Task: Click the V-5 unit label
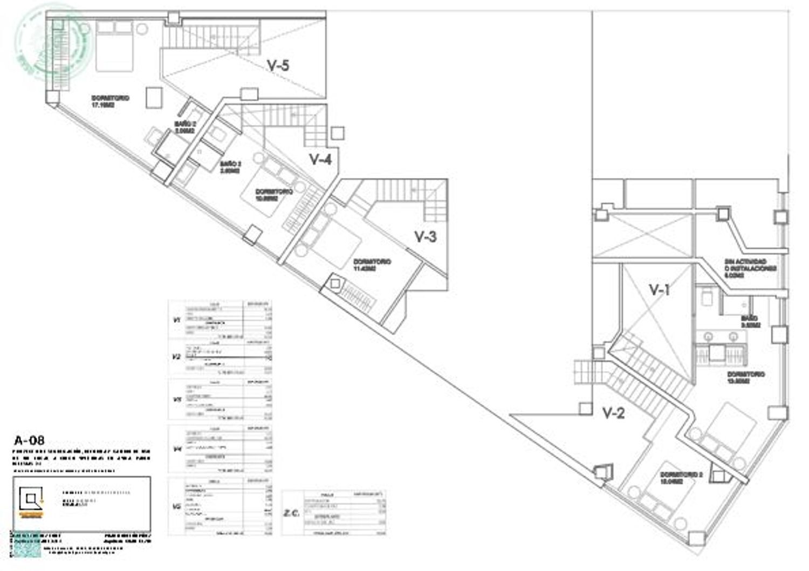coord(278,65)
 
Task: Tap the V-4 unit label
coord(320,159)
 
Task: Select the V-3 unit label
coord(425,236)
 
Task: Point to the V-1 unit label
coord(659,290)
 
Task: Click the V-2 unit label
coord(613,414)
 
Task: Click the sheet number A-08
coord(29,441)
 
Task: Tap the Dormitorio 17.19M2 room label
coord(110,102)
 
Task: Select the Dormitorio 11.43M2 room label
coord(372,265)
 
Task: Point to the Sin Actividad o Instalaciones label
coord(750,268)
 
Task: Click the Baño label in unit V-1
coord(750,322)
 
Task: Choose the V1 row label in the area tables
coord(176,320)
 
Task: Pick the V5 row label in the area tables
coord(176,506)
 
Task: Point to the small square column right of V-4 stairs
coord(338,133)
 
